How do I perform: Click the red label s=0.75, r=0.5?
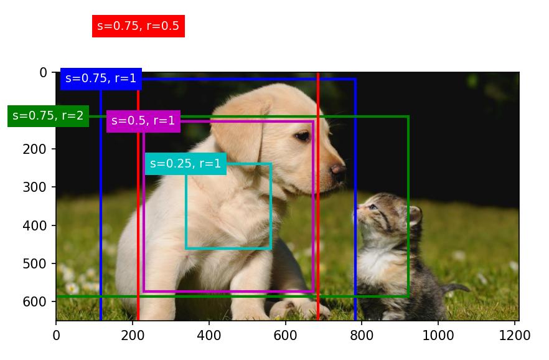[138, 26]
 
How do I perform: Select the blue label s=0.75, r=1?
[101, 78]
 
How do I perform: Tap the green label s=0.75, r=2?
[48, 115]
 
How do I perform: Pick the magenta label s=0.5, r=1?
[143, 121]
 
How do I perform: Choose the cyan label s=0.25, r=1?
[185, 164]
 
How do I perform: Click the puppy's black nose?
[338, 169]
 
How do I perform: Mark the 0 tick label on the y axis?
[43, 72]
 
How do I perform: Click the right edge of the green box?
[408, 206]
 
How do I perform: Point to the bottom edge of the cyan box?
[228, 249]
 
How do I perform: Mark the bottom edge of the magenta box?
[228, 291]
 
